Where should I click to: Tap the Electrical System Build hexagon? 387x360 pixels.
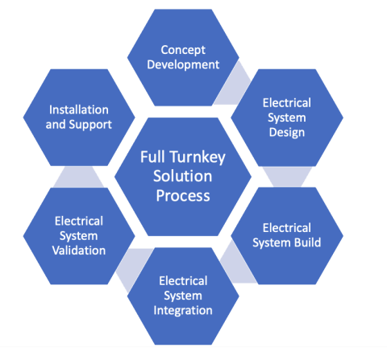[x=287, y=234]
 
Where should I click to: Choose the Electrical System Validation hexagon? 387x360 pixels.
[x=79, y=234]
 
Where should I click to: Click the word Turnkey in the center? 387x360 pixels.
[x=199, y=156]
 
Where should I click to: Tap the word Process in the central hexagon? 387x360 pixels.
[x=185, y=196]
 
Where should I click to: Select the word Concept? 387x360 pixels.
[x=184, y=48]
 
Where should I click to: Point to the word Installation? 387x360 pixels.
[x=80, y=109]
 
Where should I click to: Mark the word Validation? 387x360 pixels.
[x=79, y=250]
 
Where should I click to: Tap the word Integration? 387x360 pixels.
[x=185, y=310]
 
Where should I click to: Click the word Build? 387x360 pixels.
[x=305, y=242]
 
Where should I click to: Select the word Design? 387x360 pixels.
[x=287, y=132]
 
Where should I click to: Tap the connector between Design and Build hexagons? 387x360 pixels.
[x=287, y=176]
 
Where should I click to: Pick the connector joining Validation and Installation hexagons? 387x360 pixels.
[x=80, y=177]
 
